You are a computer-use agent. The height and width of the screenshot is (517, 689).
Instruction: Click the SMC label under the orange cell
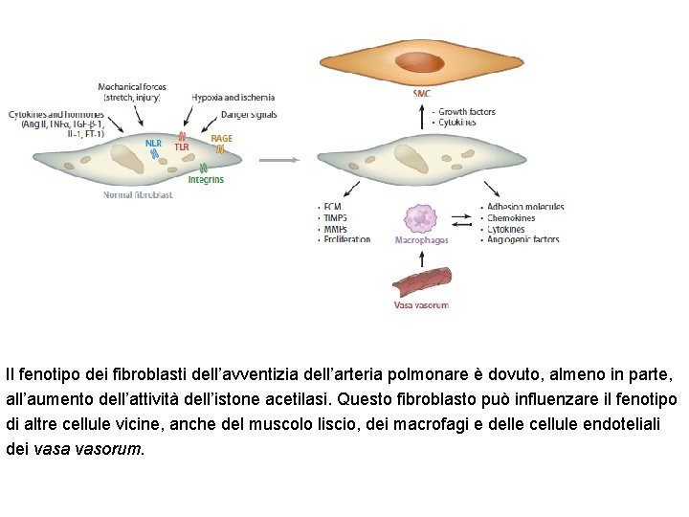click(x=422, y=94)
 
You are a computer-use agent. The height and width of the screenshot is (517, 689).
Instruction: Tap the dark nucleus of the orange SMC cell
click(x=421, y=64)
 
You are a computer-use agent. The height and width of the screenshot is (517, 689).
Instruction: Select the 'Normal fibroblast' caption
click(x=138, y=195)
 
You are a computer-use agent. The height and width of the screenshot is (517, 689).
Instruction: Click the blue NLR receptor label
click(x=153, y=144)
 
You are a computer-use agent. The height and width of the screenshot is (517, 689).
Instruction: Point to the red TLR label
click(x=182, y=147)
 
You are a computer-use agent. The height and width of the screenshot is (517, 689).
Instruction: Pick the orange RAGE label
click(x=221, y=139)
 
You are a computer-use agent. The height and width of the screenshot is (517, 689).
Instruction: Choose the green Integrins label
click(x=206, y=179)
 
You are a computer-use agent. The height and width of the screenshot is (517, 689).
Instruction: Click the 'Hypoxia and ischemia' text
click(x=233, y=97)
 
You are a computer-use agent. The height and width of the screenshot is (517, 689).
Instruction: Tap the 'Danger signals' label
click(x=248, y=115)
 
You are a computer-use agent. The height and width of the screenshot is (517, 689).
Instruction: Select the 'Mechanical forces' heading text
click(x=131, y=87)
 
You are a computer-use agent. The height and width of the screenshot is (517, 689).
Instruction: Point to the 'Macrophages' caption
click(x=421, y=240)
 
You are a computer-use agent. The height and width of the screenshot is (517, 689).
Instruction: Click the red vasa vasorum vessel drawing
click(x=421, y=281)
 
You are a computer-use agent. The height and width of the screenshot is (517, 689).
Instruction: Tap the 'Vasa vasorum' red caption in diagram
click(x=421, y=305)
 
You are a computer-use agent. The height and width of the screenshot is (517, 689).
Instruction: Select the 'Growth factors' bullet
click(x=466, y=112)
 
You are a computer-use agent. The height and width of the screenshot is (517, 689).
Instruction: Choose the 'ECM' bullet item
click(x=332, y=207)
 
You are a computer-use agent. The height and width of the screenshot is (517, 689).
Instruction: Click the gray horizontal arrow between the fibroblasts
click(x=279, y=160)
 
